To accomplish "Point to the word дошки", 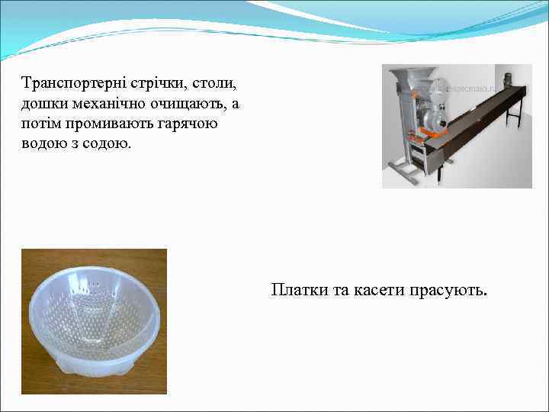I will point(43,103).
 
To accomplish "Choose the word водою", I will point(43,144).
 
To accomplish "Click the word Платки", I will point(297,291).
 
